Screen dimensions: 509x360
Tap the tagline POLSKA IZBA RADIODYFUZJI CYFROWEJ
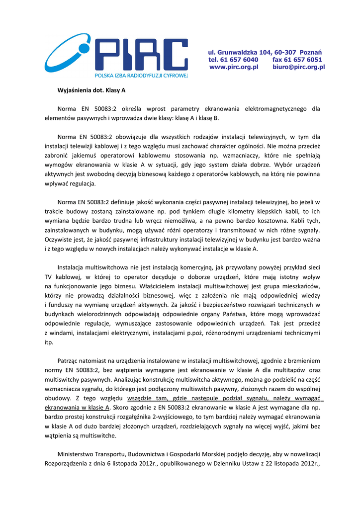coord(141,75)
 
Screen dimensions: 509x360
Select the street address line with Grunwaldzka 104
coord(265,52)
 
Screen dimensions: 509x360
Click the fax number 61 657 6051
coord(304,59)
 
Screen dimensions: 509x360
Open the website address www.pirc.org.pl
coord(234,67)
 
